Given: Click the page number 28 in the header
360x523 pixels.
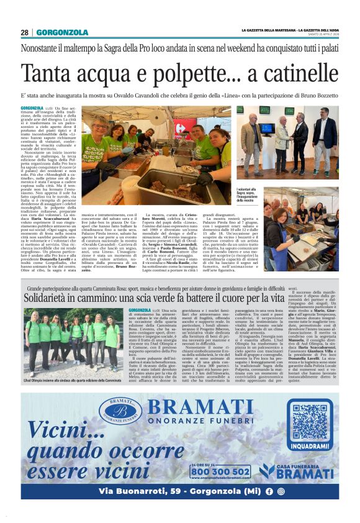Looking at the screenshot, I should (24, 32).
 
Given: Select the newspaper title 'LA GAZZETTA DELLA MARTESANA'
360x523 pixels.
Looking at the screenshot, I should (268, 30).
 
